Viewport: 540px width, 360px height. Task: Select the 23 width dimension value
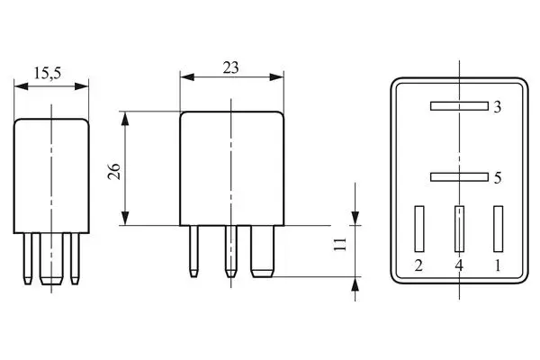coord(231,66)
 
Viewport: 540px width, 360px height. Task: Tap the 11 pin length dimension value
coord(339,245)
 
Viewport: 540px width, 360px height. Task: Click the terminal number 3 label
coord(497,107)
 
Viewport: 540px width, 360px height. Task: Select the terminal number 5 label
coord(497,178)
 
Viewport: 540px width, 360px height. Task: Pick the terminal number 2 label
coord(418,265)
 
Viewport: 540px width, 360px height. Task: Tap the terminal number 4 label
coord(459,265)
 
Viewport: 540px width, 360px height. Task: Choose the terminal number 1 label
coord(498,265)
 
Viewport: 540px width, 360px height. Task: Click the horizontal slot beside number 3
coord(458,106)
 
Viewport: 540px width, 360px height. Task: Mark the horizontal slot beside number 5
coord(458,177)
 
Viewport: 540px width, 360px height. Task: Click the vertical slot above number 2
coord(418,229)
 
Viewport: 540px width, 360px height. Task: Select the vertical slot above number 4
coord(459,229)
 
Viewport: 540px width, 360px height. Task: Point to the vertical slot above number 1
coord(498,229)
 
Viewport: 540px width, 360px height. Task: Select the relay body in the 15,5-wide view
coord(53,171)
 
